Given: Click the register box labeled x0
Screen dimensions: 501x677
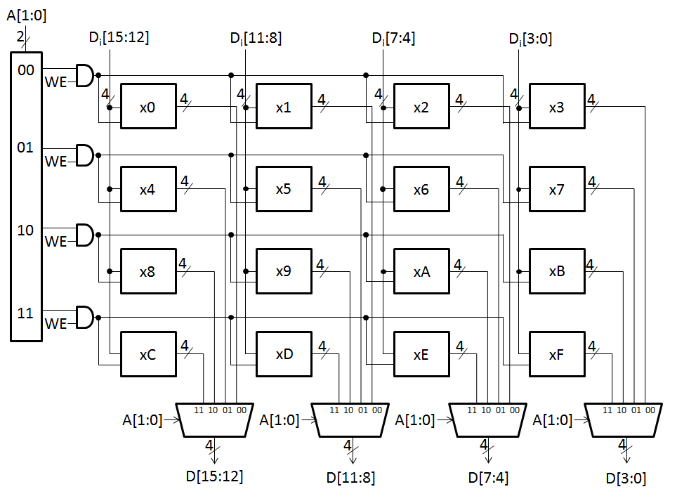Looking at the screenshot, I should pos(148,108).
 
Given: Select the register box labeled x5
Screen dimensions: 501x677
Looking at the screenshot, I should pos(284,189).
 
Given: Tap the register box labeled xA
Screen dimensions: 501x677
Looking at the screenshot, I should pos(421,271).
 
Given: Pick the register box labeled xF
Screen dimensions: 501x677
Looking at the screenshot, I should pos(556,354).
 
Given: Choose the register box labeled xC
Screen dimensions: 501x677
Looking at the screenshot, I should pos(148,354).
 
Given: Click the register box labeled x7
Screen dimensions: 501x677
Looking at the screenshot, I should pos(556,189).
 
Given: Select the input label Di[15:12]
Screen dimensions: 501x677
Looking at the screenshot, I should pos(119,38).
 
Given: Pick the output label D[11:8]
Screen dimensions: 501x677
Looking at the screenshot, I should pos(350,478).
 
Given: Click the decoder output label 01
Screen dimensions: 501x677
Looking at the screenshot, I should pos(25,148).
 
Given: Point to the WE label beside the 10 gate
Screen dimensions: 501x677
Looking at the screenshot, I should pos(55,242).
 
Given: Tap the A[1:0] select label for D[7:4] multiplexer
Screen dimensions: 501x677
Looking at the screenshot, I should pos(415,420).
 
